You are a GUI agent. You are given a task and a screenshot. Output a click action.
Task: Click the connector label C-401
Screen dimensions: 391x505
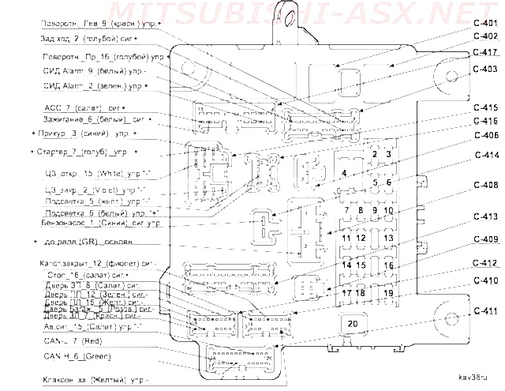[x=485, y=21]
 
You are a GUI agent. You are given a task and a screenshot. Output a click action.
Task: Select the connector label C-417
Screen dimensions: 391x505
[x=485, y=52]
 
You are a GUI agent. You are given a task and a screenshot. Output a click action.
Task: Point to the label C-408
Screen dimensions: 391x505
[x=485, y=185]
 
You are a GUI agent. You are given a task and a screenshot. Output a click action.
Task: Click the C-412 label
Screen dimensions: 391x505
[x=485, y=263]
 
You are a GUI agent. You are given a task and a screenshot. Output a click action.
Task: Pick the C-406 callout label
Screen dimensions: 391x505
[x=485, y=135]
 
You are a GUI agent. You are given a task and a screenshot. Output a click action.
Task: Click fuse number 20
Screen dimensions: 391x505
[x=352, y=322]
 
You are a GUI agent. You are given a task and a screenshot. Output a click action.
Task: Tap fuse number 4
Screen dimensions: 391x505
[x=344, y=172]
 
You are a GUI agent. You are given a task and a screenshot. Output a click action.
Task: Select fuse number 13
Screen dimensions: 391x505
[x=387, y=238]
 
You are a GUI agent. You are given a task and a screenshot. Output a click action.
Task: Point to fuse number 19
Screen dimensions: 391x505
[x=387, y=293]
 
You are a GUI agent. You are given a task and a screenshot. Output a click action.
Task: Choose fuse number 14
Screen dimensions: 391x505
[x=347, y=265]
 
